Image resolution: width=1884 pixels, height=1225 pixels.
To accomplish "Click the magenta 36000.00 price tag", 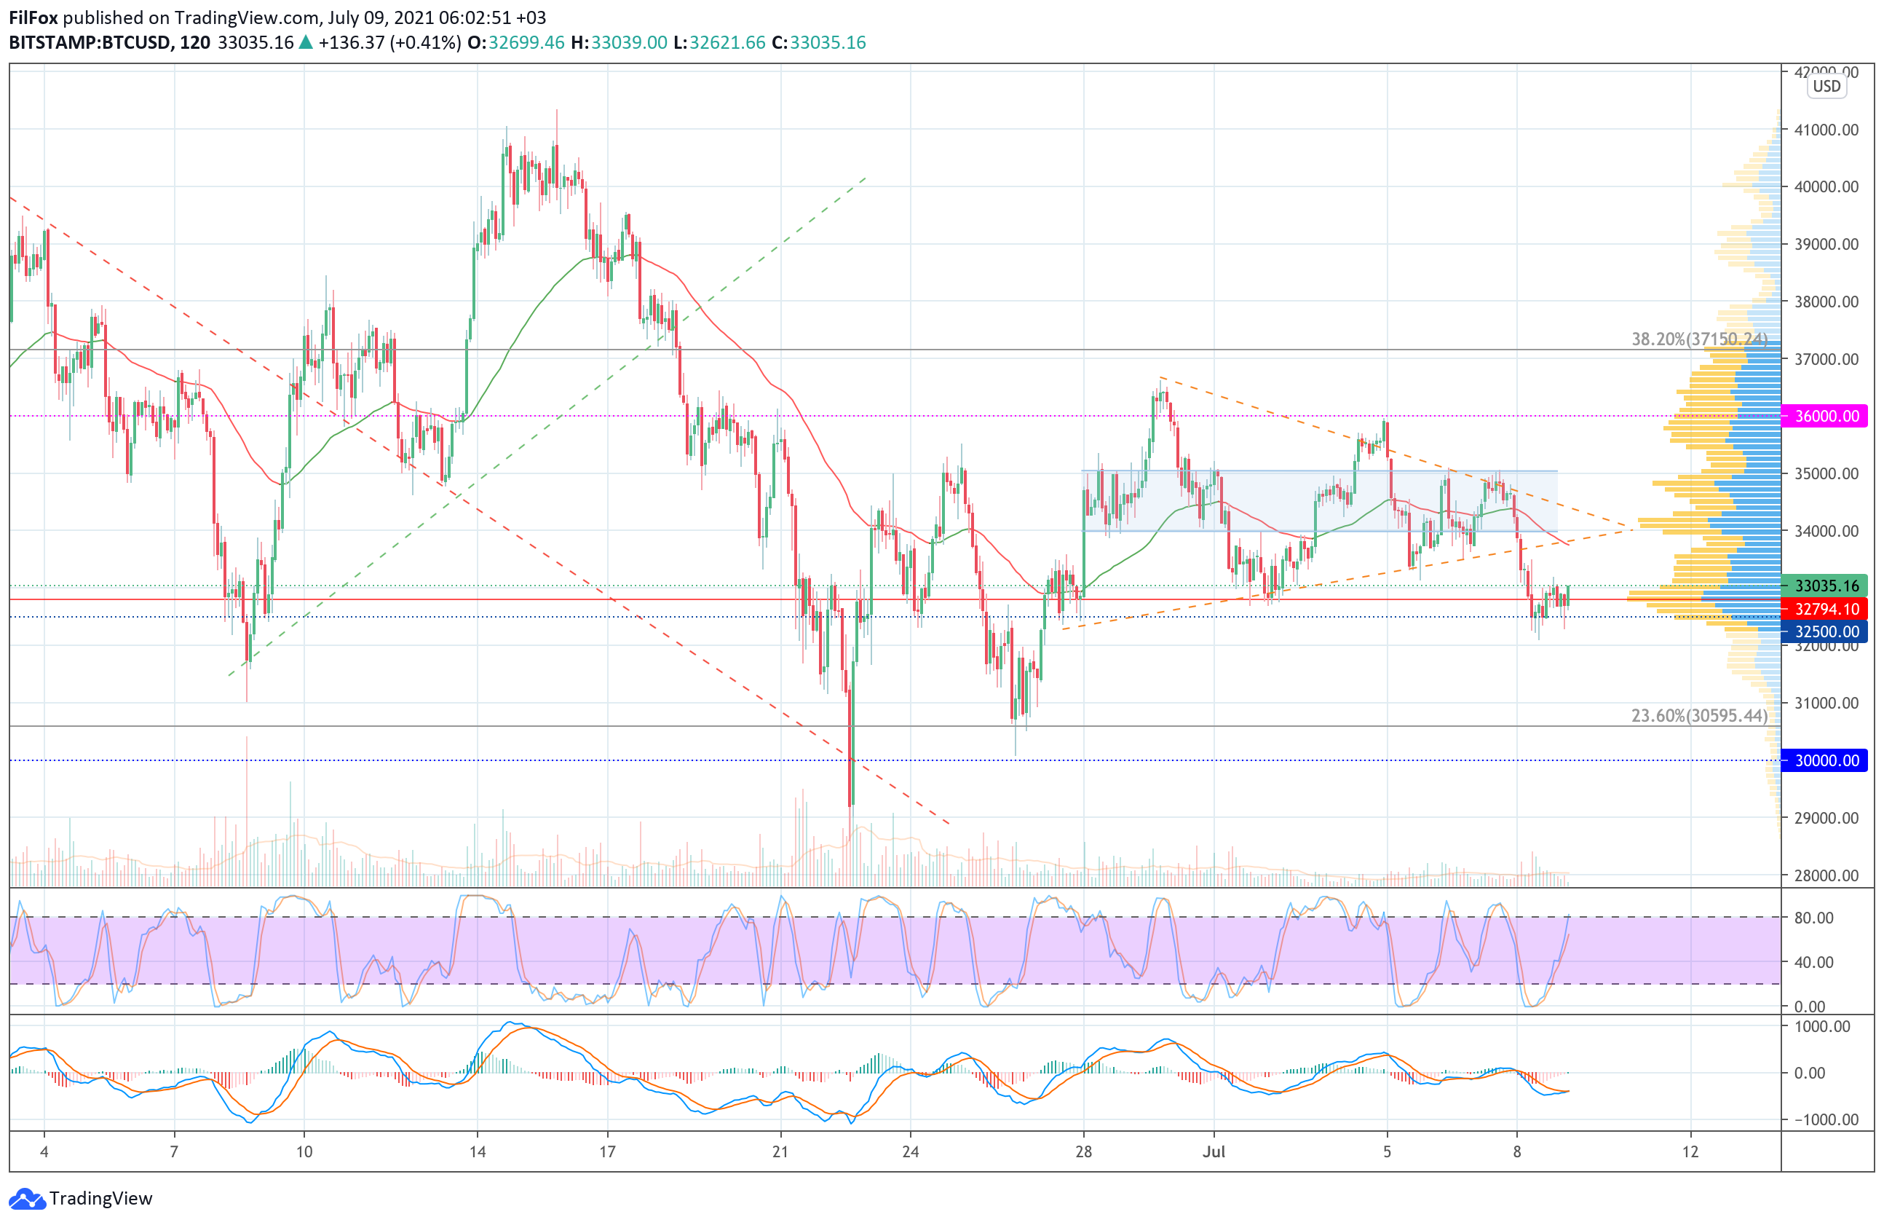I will pos(1824,416).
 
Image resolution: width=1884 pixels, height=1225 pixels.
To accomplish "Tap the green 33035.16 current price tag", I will pos(1824,586).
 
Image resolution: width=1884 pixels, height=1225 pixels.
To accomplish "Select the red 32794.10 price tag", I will pos(1824,609).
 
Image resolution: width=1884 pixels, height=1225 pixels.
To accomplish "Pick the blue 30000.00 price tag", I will pos(1824,760).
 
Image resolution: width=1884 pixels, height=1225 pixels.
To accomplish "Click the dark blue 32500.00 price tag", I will pos(1824,631).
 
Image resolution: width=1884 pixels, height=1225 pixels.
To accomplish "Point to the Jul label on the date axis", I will pos(1214,1151).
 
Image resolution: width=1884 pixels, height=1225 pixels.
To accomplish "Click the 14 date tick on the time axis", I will pos(478,1151).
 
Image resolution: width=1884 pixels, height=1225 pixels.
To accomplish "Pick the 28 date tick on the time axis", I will pos(1084,1151).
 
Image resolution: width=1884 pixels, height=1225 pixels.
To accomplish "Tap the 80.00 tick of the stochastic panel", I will pos(1813,918).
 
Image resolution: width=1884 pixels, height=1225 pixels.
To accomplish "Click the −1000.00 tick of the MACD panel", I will pos(1820,1119).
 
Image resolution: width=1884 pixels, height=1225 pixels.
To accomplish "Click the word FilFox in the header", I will pos(33,17).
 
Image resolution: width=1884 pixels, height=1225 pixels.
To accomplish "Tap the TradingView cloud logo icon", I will pos(27,1199).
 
